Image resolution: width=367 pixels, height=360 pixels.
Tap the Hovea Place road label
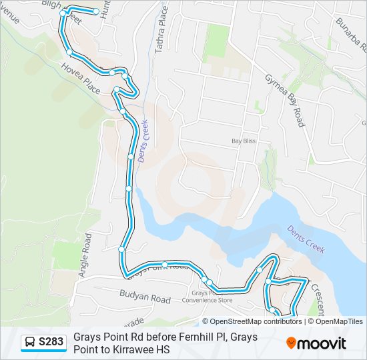coord(80,79)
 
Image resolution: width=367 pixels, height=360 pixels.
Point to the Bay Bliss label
coord(244,141)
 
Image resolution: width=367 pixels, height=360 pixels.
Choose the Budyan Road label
coord(145,299)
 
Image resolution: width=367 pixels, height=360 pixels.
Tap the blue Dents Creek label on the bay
coord(306,239)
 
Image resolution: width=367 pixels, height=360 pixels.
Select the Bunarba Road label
coord(353,33)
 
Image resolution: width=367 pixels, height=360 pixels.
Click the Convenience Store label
coord(210,299)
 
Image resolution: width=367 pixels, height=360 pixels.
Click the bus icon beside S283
coord(30,343)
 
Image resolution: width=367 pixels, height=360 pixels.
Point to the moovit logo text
coord(322,343)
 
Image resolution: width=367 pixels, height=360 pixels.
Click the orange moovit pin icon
coord(292,343)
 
